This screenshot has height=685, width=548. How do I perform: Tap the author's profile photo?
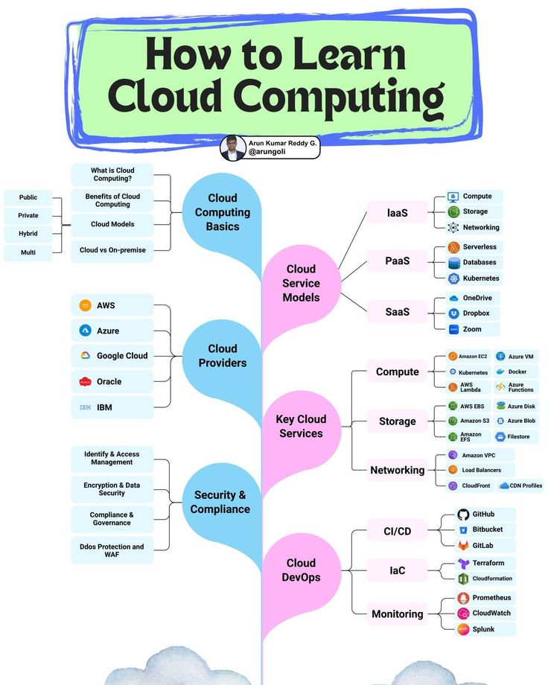click(x=233, y=147)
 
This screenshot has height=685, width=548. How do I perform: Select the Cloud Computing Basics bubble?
click(x=223, y=212)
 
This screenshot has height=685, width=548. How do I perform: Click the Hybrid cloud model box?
click(x=28, y=234)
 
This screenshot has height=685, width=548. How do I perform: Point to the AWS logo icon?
click(x=85, y=305)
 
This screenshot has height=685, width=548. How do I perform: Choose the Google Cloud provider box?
click(x=113, y=356)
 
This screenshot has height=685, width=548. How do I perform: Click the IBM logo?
click(x=85, y=407)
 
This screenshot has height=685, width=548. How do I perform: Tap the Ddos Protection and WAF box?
click(x=112, y=550)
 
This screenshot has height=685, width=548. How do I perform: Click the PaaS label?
click(x=397, y=261)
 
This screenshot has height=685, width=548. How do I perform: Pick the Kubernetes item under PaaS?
click(x=474, y=278)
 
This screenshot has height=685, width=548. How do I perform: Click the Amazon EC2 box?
click(x=468, y=357)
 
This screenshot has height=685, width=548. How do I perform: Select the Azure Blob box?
click(x=516, y=421)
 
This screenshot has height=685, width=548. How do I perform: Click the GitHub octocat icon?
click(x=463, y=514)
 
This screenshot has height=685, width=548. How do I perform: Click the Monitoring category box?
click(x=397, y=614)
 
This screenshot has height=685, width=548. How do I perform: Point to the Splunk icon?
click(x=463, y=629)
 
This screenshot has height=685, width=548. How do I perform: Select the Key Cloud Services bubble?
click(x=301, y=426)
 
